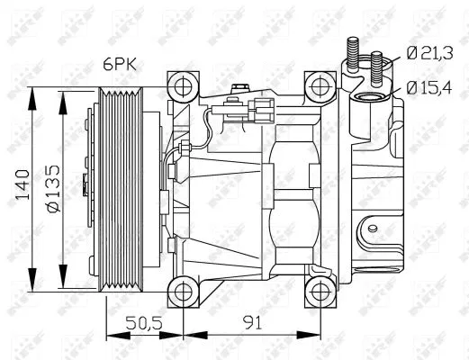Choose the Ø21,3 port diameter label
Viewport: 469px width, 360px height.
430,54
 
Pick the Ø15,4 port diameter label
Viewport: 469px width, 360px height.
430,87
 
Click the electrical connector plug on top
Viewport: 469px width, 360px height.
261,116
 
